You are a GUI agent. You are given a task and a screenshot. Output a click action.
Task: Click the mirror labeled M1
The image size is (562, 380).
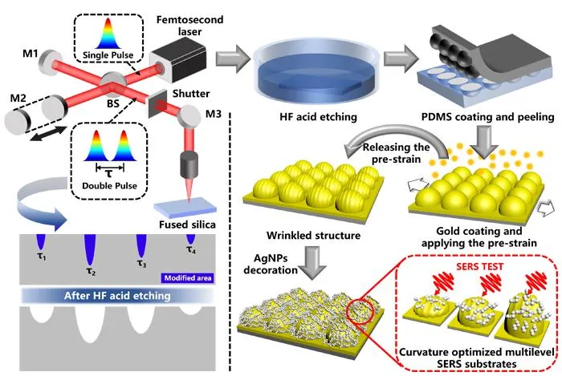point(50,63)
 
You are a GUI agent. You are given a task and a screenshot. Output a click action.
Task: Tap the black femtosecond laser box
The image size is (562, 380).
point(178,63)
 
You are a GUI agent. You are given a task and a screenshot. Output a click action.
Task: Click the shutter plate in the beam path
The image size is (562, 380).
point(157,103)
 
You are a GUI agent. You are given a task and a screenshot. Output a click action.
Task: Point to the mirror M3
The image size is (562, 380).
point(189,116)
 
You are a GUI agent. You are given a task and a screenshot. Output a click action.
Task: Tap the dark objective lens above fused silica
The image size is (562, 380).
point(189,165)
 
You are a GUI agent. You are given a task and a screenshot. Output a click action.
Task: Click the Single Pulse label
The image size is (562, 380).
point(108,55)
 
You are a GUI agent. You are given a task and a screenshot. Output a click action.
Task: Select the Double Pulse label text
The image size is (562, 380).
point(110,186)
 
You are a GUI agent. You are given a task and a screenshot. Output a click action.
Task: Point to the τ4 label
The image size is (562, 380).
point(191,249)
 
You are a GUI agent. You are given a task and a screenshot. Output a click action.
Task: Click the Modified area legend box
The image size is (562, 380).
point(188,278)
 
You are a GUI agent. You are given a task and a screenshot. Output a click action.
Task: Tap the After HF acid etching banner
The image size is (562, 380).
point(117,296)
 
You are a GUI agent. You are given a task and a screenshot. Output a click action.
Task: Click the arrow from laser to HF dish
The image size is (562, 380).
point(233,58)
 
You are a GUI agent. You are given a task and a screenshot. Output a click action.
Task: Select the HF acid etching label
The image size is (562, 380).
point(318,117)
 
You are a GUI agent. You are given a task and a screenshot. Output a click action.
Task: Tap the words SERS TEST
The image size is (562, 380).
point(479,267)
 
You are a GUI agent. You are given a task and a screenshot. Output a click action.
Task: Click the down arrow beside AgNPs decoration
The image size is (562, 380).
point(312,262)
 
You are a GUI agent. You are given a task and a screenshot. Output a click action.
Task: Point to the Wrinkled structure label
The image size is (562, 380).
point(313,236)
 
